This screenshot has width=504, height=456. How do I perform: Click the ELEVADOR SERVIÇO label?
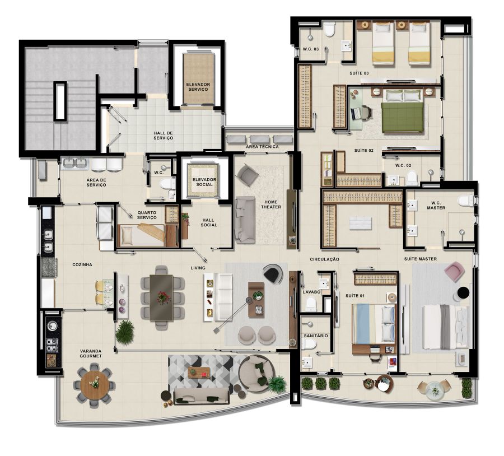click(x=198, y=87)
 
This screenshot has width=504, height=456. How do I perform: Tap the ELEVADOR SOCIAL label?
click(x=204, y=182)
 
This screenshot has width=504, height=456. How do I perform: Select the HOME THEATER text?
click(x=271, y=204)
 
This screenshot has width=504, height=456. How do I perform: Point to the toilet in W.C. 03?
click(x=329, y=29)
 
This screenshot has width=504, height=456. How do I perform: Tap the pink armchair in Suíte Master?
click(x=454, y=272)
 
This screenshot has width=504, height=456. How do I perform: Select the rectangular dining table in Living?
click(x=161, y=297)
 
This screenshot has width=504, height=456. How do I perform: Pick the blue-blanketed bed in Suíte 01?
click(x=374, y=324)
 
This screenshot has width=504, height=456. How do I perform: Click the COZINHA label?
click(x=82, y=264)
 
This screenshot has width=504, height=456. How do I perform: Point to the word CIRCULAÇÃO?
click(x=324, y=259)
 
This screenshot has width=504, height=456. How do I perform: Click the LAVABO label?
click(x=311, y=292)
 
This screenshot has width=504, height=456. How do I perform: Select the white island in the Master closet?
click(x=360, y=223)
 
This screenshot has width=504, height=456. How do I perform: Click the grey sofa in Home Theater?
click(x=245, y=220)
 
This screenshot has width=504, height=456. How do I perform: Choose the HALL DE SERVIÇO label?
click(x=164, y=136)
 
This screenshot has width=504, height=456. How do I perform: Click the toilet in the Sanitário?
click(x=309, y=344)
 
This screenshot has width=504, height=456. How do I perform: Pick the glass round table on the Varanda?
click(x=435, y=390)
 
